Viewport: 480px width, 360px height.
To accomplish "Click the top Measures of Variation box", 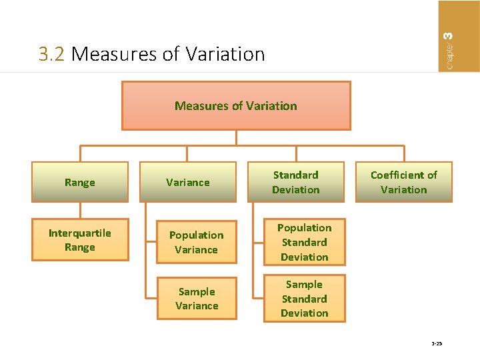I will (x=236, y=105).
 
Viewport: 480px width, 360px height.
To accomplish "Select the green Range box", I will (x=80, y=182).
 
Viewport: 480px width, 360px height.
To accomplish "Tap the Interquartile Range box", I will (x=80, y=240).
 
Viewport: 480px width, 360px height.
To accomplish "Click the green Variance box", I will (x=188, y=182).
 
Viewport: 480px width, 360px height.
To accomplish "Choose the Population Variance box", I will (x=197, y=242).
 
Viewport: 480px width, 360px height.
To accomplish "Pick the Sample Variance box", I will (x=197, y=299).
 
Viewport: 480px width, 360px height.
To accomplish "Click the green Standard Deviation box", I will (x=296, y=182).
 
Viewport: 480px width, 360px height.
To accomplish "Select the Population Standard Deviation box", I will (x=304, y=242).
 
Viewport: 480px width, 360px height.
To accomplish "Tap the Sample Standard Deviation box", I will (x=304, y=299).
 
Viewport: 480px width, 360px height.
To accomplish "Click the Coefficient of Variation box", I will (x=404, y=182).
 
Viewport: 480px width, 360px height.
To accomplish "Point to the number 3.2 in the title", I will (x=52, y=54).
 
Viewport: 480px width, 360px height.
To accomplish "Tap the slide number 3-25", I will (x=437, y=344).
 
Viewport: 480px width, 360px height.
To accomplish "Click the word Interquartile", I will (x=80, y=233).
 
